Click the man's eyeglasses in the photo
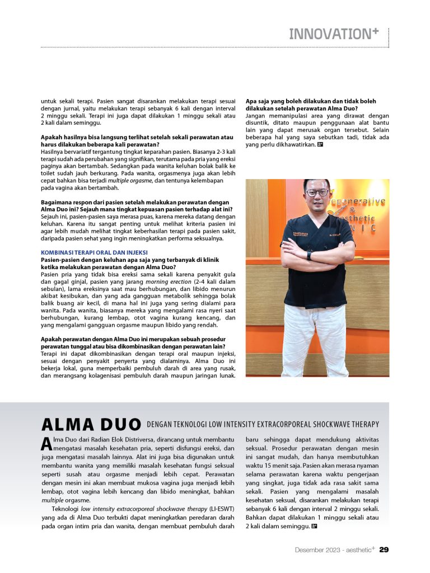point(317,192)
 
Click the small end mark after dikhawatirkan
point(320,145)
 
